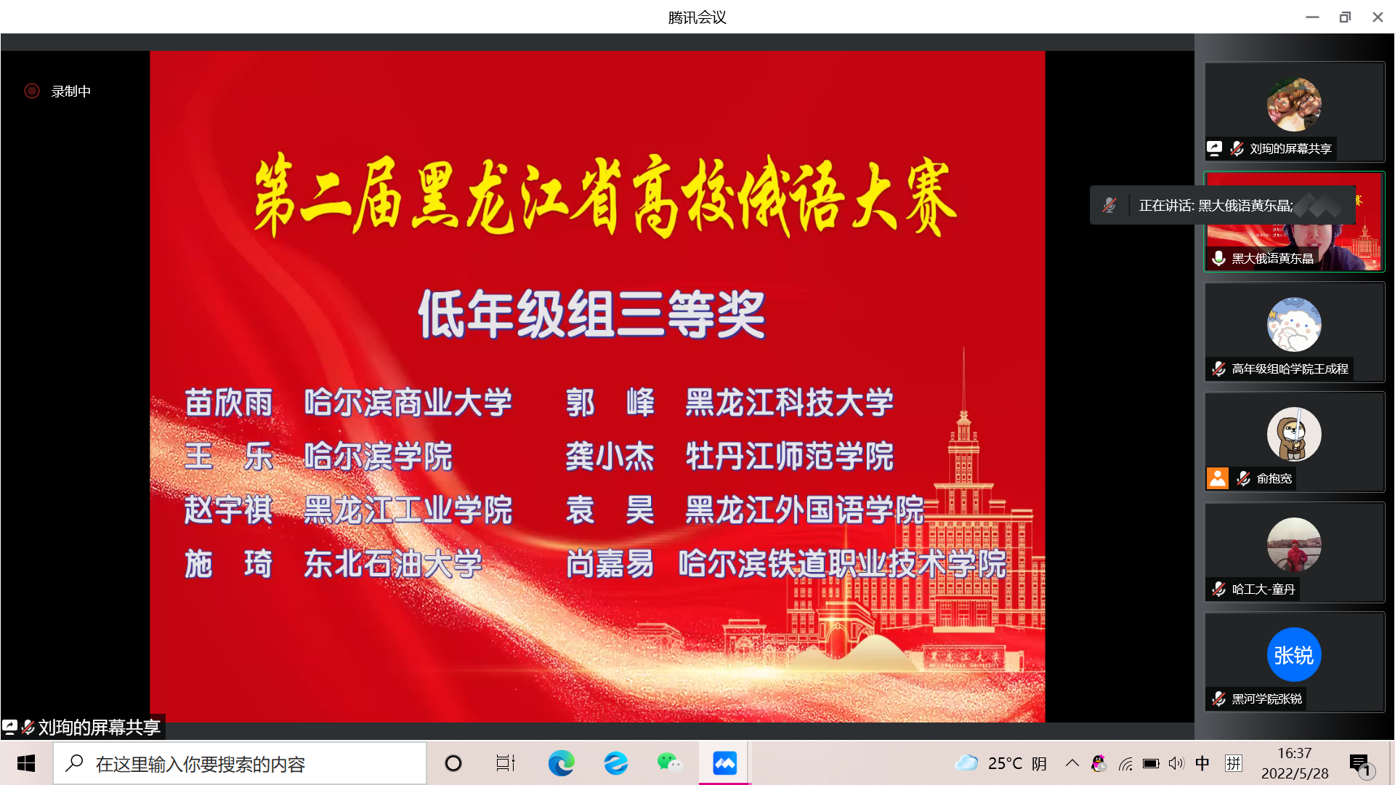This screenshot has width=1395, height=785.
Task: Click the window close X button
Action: [x=1378, y=17]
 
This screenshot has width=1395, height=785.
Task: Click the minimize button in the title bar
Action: [x=1312, y=17]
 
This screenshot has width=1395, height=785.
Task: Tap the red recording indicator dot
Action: [x=32, y=91]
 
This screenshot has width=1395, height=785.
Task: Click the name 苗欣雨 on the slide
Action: [x=229, y=403]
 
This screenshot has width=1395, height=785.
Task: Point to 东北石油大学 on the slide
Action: [x=393, y=564]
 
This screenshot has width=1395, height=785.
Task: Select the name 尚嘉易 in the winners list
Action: [x=610, y=564]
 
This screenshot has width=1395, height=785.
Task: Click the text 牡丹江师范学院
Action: [x=790, y=456]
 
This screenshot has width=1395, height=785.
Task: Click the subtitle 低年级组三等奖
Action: [x=592, y=314]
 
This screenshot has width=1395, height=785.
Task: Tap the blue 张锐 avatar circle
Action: [x=1294, y=655]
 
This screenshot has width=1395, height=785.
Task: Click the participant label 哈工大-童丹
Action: [x=1263, y=589]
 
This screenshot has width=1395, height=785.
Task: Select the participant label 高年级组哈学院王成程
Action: [x=1290, y=369]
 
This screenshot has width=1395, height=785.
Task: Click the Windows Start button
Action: [x=26, y=763]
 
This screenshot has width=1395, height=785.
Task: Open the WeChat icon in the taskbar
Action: [x=669, y=763]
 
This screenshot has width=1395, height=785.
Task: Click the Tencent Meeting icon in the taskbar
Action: [x=724, y=763]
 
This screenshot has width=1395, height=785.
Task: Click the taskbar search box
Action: [x=240, y=763]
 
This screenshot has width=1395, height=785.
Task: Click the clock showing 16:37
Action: [x=1295, y=754]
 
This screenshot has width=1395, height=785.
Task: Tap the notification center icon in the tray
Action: [x=1359, y=763]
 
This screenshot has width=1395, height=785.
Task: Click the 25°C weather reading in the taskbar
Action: [x=1005, y=764]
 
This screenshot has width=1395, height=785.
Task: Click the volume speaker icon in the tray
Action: [x=1176, y=763]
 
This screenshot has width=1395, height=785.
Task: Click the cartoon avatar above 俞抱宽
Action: [x=1294, y=435]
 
